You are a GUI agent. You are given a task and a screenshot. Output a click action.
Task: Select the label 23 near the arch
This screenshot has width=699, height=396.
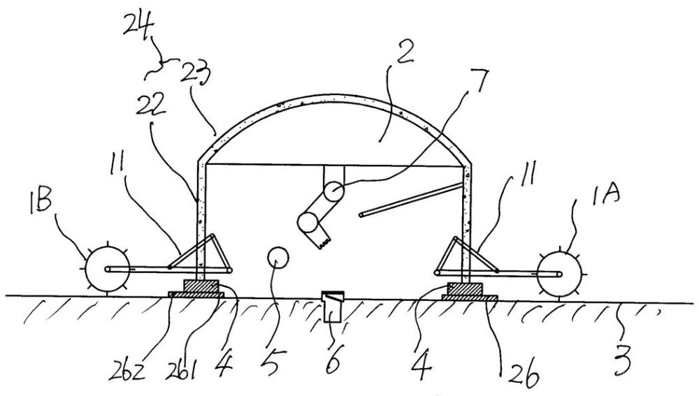[x=195, y=72]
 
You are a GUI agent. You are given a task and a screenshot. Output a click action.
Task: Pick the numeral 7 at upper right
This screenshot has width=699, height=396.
[x=477, y=80]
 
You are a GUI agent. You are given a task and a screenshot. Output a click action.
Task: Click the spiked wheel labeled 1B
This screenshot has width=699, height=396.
[x=106, y=269]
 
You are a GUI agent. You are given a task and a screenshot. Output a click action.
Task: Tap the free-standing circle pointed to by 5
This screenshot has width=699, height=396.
[x=278, y=258]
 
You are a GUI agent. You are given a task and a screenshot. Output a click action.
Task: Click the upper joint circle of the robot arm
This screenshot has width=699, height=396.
[x=333, y=192]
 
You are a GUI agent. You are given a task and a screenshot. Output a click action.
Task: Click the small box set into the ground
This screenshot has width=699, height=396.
[x=332, y=307]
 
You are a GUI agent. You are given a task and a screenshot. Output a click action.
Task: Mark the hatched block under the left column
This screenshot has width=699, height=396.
[x=201, y=286]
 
